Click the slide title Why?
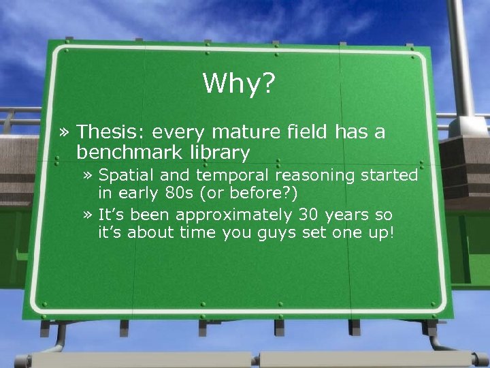click(238, 84)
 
